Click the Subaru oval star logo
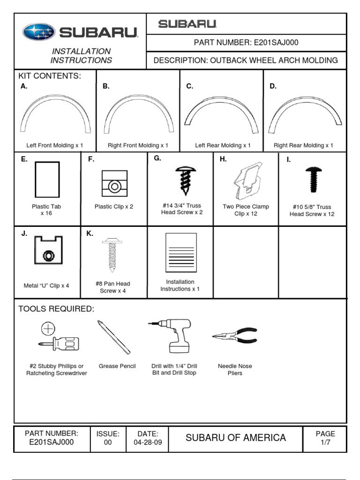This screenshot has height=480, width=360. (x=39, y=32)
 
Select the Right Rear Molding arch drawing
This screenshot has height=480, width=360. (x=305, y=112)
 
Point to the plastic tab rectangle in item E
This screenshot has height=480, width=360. (x=47, y=179)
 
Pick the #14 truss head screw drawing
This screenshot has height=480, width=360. (x=182, y=181)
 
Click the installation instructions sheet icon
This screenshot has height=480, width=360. (x=181, y=253)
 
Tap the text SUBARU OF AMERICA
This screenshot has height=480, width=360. (x=235, y=438)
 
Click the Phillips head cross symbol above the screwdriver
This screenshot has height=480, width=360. (x=48, y=329)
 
